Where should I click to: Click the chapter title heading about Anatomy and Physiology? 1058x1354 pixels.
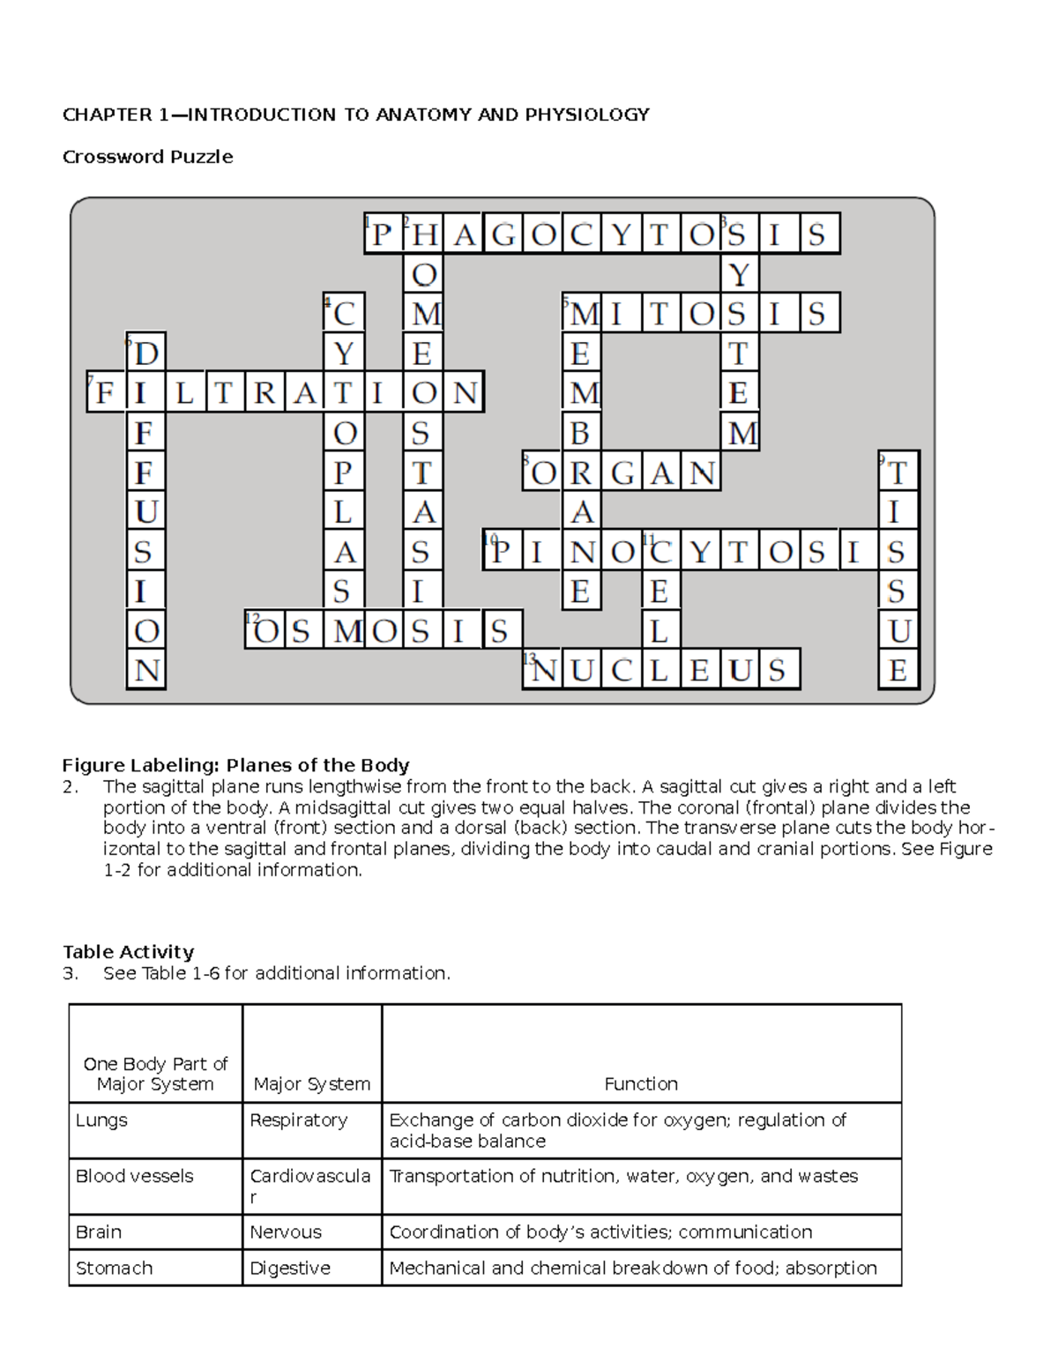[355, 115]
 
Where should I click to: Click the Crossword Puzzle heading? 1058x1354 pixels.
[147, 157]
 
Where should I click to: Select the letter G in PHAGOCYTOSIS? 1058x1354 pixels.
[503, 234]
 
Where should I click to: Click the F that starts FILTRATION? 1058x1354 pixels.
[105, 393]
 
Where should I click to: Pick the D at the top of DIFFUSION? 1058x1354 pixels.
[146, 354]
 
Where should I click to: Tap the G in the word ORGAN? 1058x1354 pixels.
[622, 473]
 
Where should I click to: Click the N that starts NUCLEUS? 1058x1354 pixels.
[544, 671]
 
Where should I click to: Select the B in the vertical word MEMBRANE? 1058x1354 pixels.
[580, 434]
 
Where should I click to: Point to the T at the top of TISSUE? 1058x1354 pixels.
[898, 473]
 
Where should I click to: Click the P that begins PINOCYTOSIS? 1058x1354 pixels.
[502, 553]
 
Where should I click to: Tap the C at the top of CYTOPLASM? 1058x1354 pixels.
[344, 314]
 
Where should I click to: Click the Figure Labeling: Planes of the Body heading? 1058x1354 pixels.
[235, 765]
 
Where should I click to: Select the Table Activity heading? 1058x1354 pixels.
[128, 952]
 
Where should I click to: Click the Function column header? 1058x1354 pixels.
[641, 1084]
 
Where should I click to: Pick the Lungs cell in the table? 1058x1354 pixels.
[101, 1120]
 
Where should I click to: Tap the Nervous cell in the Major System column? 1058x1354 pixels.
[286, 1232]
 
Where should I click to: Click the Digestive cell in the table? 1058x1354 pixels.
[290, 1268]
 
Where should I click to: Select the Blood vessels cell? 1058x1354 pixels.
[134, 1176]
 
